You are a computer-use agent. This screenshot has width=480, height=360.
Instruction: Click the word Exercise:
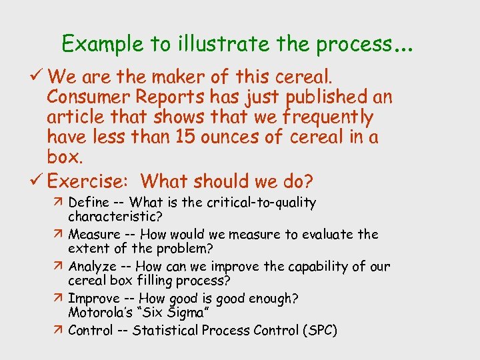pos(90,181)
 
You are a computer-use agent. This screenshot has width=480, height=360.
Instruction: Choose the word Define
pos(88,202)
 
